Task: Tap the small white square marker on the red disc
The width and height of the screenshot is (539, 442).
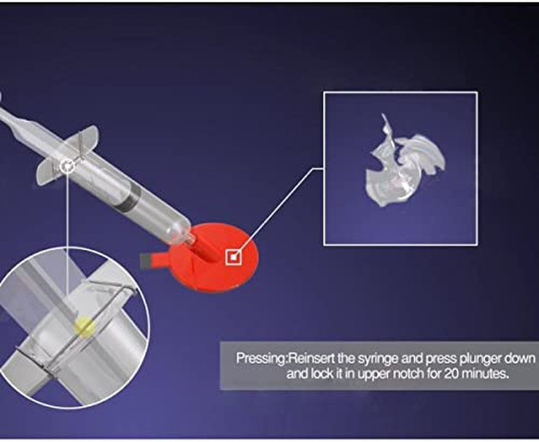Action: point(233,257)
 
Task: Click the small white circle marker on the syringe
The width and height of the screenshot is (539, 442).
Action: point(67,166)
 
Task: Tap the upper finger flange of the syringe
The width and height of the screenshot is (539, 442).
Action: point(85,138)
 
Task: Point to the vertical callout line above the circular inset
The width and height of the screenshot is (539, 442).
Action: point(67,229)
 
